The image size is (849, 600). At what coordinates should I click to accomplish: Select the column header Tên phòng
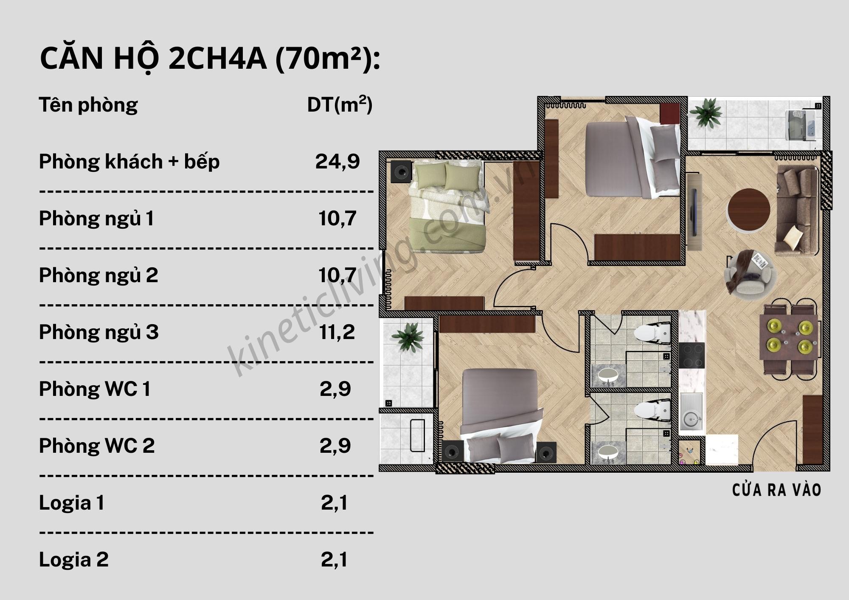[x=88, y=104]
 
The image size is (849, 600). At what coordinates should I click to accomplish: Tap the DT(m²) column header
[x=339, y=104]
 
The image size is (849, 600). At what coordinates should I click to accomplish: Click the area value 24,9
[x=337, y=161]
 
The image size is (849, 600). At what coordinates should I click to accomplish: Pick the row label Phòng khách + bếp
[x=129, y=162]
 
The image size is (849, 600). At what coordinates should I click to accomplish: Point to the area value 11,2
[x=337, y=332]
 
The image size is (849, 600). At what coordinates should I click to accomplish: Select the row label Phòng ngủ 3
[x=98, y=332]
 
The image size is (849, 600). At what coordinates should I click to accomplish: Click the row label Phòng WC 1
[x=94, y=389]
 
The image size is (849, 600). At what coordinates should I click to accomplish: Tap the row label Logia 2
[x=73, y=560]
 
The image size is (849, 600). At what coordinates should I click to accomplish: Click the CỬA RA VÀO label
[x=776, y=490]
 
